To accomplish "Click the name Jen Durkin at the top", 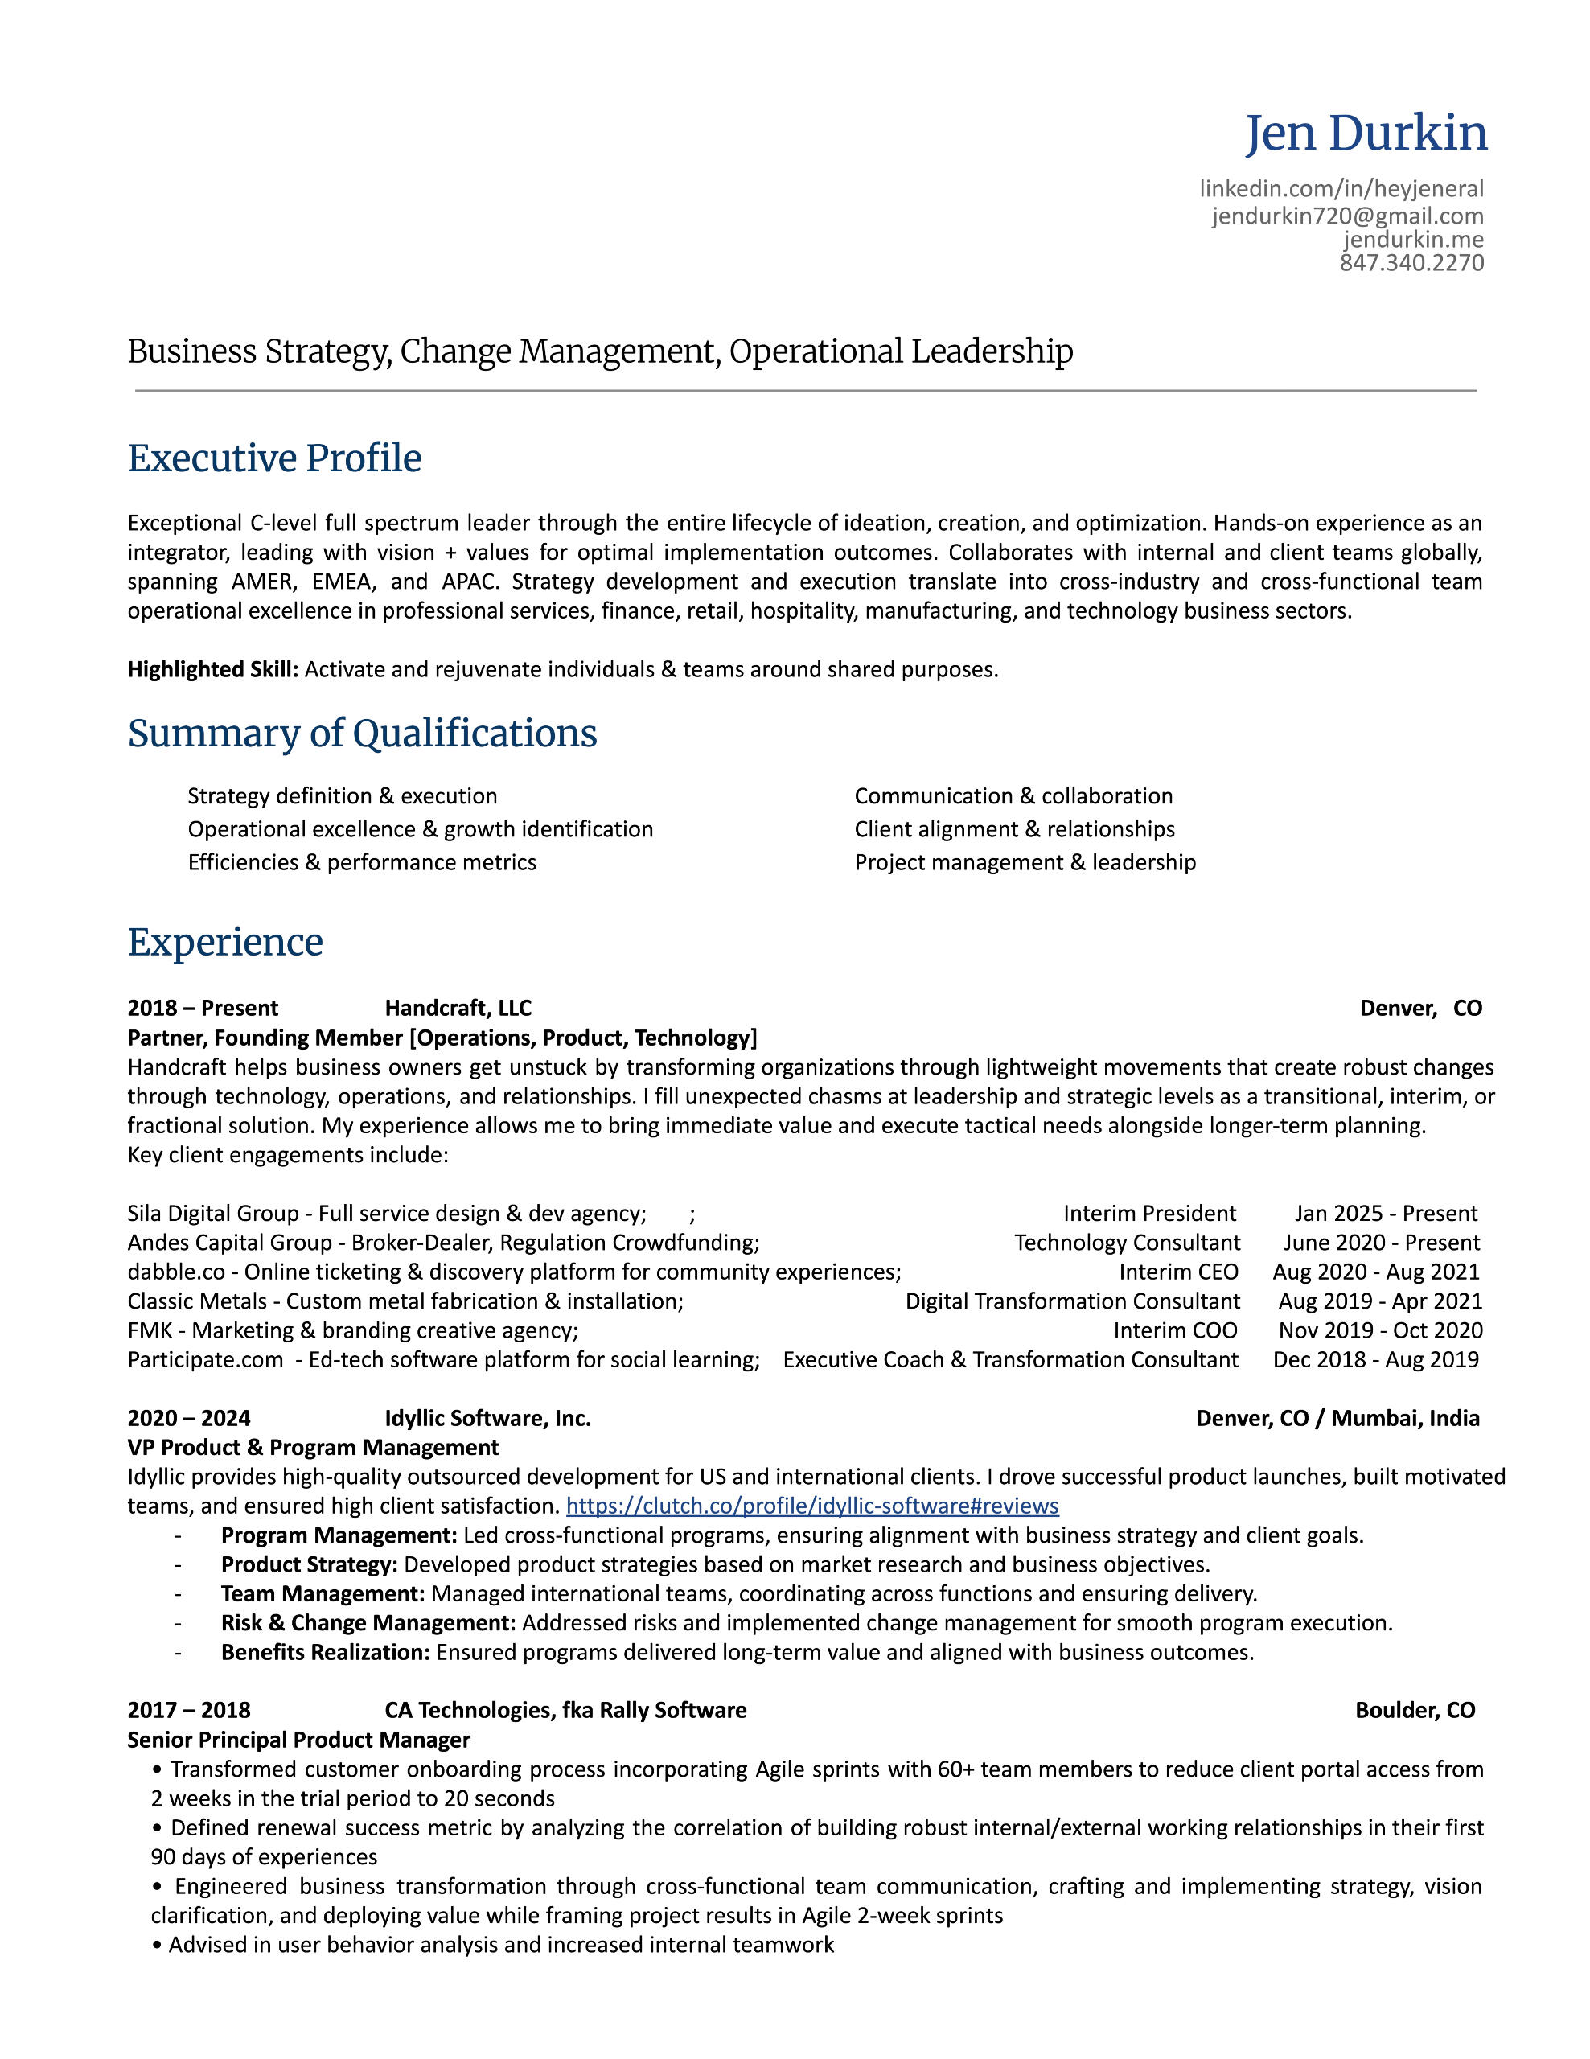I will pos(1366,133).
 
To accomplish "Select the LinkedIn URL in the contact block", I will pos(1341,188).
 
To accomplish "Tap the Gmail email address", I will pos(1347,216).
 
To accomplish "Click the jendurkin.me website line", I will pos(1413,240).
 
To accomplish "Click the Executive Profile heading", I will pos(274,458).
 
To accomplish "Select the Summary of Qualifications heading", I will pos(362,734).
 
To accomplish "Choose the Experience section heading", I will pos(225,942).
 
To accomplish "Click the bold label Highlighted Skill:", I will pos(213,669).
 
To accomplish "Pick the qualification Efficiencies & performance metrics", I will pos(362,863).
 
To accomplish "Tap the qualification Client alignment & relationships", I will pos(1014,830).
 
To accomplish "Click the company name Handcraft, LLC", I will pos(458,1008).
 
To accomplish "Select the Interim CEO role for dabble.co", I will pos(1178,1272).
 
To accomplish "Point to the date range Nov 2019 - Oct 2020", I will pos(1380,1330).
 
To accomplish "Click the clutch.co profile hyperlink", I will pos(811,1506).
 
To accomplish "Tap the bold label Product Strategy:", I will pos(309,1564).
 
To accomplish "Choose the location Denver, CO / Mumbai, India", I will pos(1337,1418).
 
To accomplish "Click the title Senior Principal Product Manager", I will pos(298,1740).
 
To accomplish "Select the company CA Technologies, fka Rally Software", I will pos(565,1710).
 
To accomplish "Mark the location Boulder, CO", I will pos(1415,1710).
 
